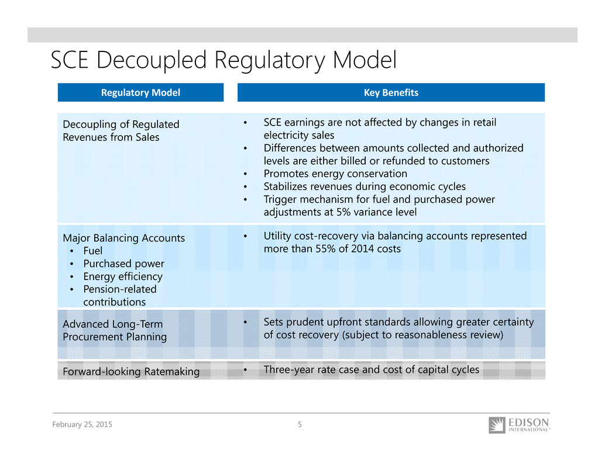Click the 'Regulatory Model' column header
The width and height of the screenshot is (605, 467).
(140, 92)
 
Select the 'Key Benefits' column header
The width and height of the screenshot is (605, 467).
(391, 92)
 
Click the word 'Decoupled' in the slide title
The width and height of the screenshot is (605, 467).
(152, 61)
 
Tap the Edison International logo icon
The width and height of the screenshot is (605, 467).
(497, 425)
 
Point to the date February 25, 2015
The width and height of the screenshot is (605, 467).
(82, 424)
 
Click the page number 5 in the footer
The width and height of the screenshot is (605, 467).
(300, 424)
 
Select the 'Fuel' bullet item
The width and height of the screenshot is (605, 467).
(92, 251)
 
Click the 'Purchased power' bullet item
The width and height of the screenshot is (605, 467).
(124, 264)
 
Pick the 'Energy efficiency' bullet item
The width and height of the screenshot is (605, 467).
(123, 276)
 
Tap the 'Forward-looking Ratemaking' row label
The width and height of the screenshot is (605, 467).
(131, 372)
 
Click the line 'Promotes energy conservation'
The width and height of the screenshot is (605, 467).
(335, 174)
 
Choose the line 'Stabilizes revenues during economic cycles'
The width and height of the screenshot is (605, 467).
(365, 187)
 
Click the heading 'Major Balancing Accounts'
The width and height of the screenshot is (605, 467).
(124, 238)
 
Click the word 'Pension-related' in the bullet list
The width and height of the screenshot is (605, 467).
(120, 289)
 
